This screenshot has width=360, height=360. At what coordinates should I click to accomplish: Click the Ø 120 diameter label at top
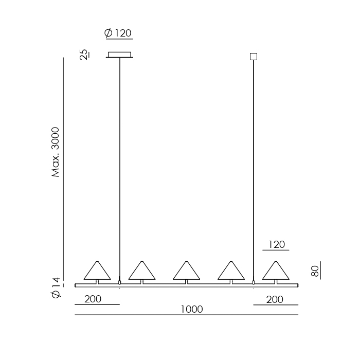[118, 33]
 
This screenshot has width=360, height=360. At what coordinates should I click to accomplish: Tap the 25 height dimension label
[84, 55]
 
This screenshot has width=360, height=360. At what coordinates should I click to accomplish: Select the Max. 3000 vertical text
[56, 152]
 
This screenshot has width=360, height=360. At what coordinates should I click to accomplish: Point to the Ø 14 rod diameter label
[56, 288]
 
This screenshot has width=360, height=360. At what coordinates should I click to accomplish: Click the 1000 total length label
[192, 309]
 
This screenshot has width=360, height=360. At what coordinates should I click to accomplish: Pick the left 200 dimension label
[93, 299]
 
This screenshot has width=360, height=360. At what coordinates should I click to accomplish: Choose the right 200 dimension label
[275, 299]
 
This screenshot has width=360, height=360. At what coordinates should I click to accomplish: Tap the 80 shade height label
[315, 271]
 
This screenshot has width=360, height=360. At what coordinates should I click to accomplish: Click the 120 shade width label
[277, 244]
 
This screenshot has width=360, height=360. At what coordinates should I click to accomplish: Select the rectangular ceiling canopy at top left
[120, 55]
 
